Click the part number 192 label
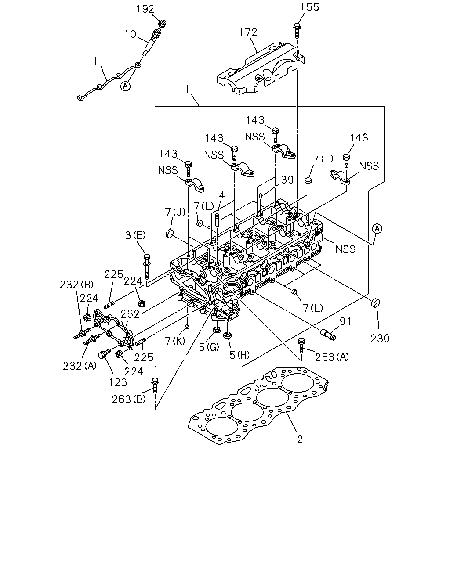click(x=145, y=9)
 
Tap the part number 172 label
click(x=248, y=32)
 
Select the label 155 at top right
click(x=309, y=7)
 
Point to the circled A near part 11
click(x=126, y=86)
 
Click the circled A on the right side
click(x=377, y=228)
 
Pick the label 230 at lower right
click(x=380, y=338)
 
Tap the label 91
click(x=345, y=321)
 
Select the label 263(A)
click(x=332, y=357)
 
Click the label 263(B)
click(x=129, y=399)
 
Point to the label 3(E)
click(x=135, y=235)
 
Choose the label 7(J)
click(x=175, y=212)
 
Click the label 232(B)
click(x=76, y=285)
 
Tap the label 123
click(x=118, y=382)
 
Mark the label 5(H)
click(x=239, y=355)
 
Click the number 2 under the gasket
click(x=300, y=439)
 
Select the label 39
click(x=287, y=180)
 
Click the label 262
click(x=130, y=314)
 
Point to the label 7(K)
click(x=175, y=341)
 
